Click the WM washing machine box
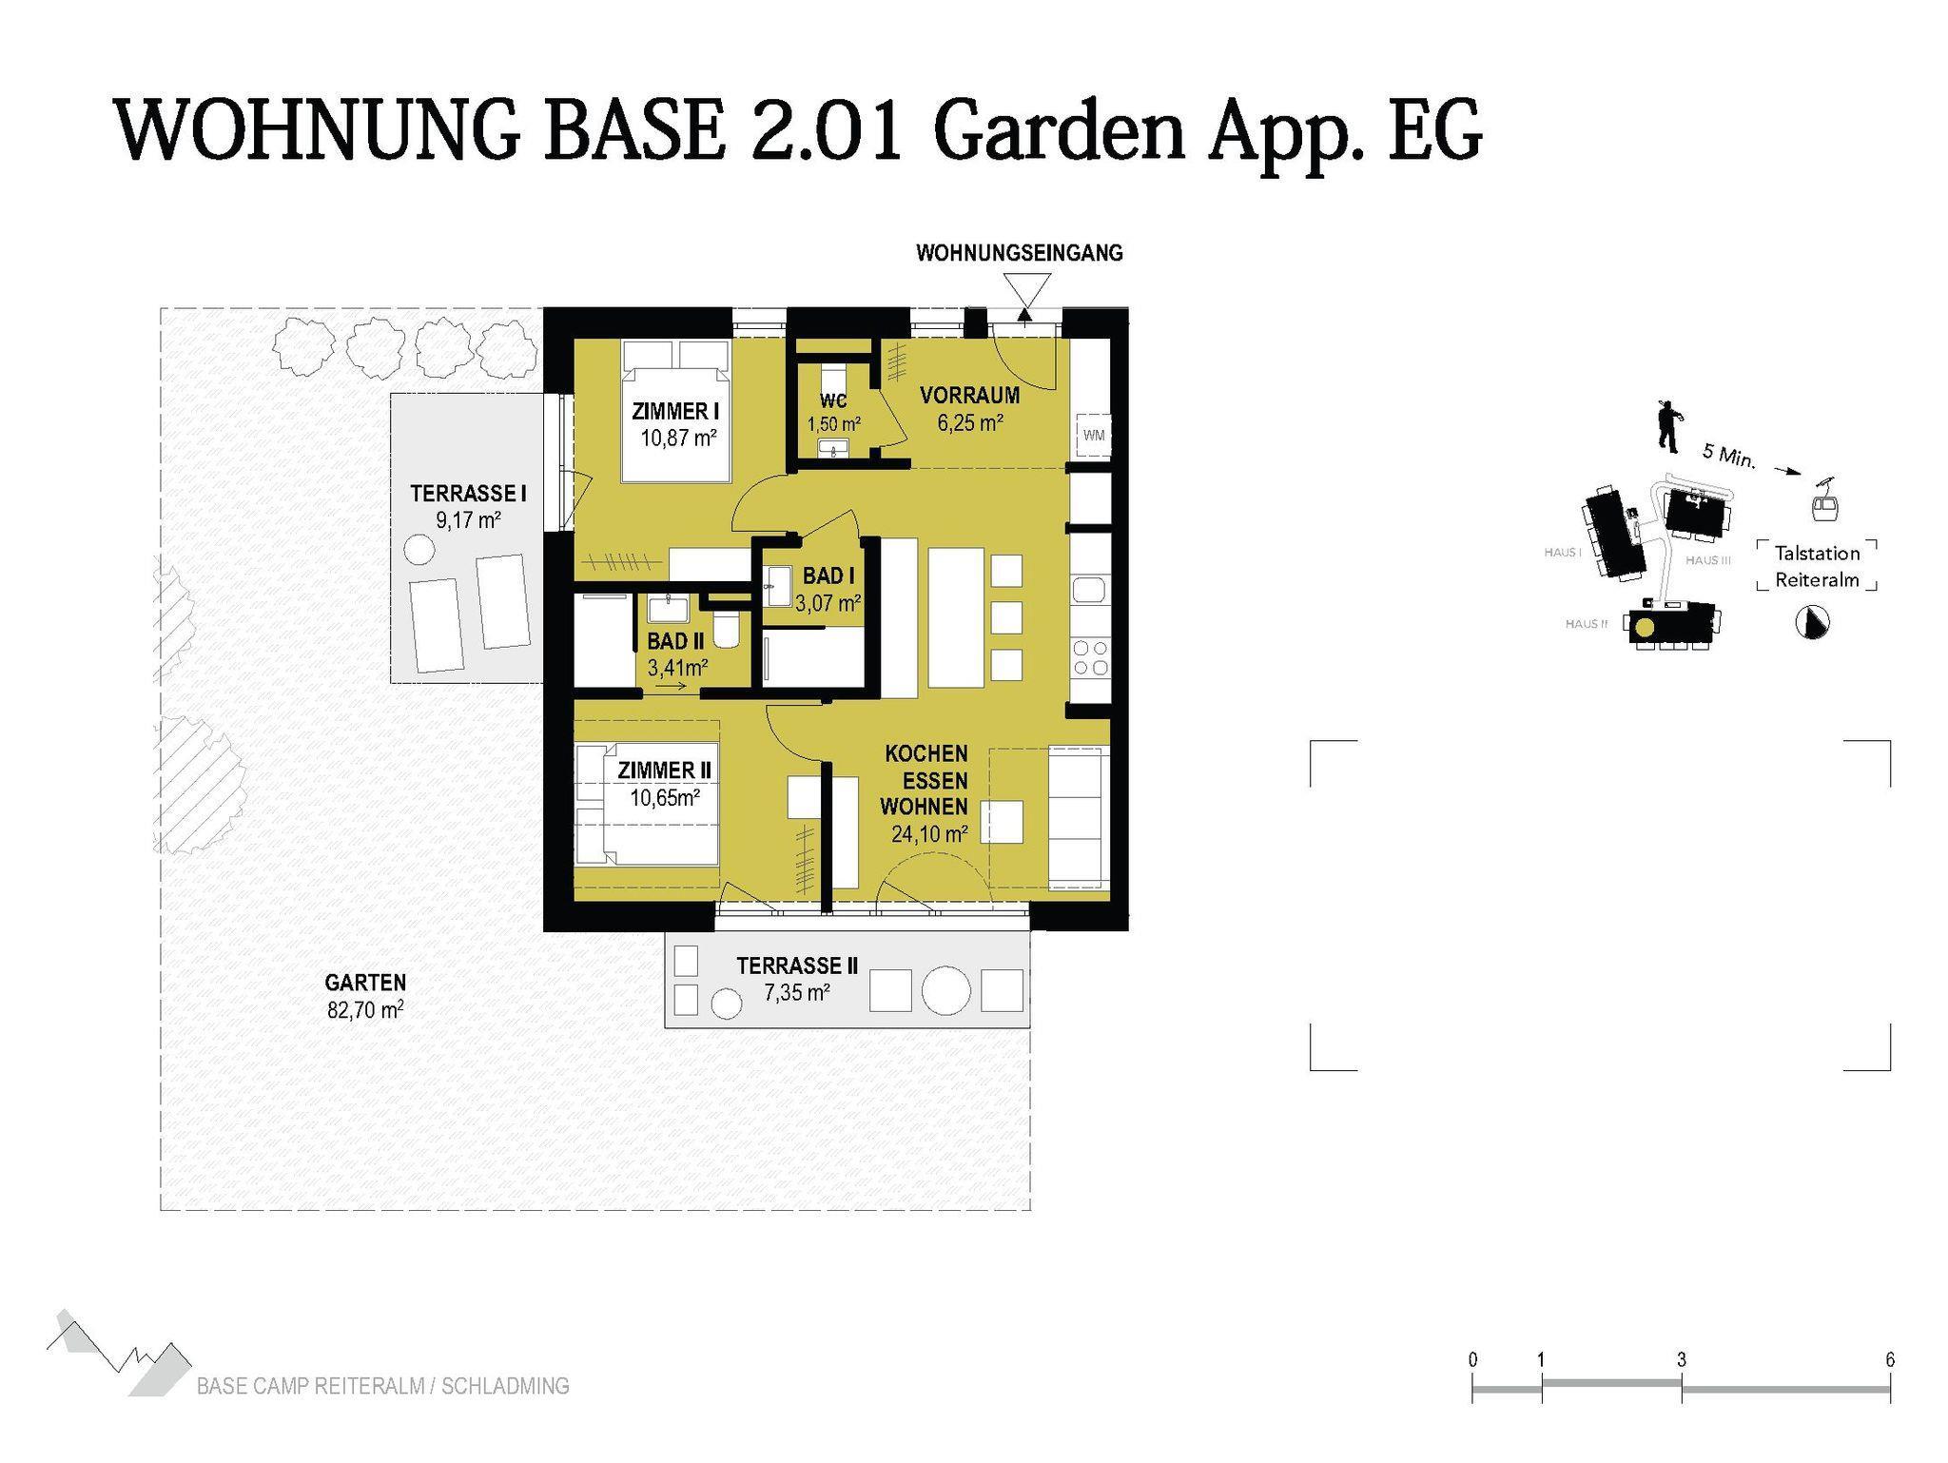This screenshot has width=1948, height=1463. tap(1093, 436)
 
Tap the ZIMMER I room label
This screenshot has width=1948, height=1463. tap(675, 411)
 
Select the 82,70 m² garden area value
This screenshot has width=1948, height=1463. tap(365, 1009)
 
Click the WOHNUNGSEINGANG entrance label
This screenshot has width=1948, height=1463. tap(1020, 253)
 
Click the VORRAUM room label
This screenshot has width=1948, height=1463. tap(969, 395)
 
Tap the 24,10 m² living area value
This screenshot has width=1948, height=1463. tap(929, 834)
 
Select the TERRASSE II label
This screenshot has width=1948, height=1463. tap(797, 966)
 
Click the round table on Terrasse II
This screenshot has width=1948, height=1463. tap(945, 990)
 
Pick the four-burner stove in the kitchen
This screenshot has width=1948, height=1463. tap(1091, 657)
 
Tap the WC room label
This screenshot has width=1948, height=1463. tap(833, 400)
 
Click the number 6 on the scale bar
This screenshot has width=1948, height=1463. tap(1890, 1359)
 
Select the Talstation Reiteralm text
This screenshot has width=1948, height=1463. tap(1817, 566)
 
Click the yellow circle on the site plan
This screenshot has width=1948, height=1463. tap(1645, 627)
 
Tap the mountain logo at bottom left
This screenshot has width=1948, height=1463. tap(119, 1354)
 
